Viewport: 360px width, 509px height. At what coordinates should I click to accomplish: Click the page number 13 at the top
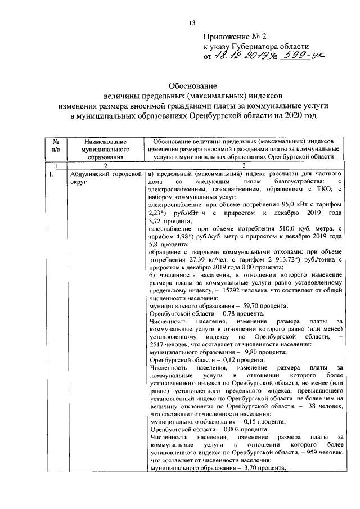191,23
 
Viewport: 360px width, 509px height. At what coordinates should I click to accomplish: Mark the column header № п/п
56,146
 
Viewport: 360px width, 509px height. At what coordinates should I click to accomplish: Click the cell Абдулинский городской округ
105,179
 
